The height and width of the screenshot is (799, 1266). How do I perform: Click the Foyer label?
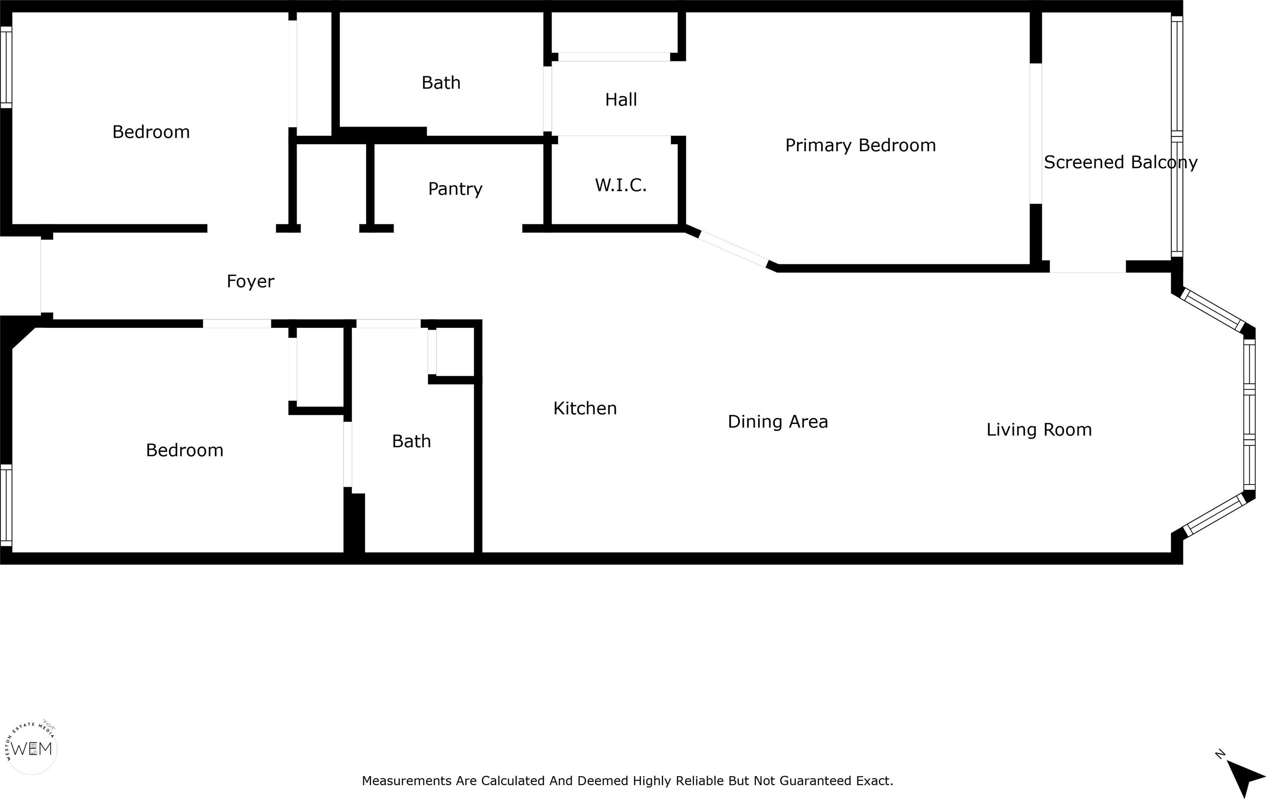point(250,282)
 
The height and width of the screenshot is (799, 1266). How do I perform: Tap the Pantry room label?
point(455,189)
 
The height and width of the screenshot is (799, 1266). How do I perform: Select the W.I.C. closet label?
point(621,185)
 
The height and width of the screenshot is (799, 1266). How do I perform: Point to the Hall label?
point(621,100)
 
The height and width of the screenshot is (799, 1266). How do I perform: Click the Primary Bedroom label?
point(861,146)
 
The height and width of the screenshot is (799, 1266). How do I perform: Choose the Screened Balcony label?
point(1121,162)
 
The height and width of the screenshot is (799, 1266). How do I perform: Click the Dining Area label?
point(778,422)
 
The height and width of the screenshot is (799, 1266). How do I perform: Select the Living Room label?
point(1039,430)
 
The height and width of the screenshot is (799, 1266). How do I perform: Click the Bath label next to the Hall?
point(441,83)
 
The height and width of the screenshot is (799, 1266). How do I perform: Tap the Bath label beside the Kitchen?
point(412,441)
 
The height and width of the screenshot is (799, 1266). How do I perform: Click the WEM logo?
point(31,747)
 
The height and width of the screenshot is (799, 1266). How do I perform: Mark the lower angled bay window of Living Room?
point(1215,514)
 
